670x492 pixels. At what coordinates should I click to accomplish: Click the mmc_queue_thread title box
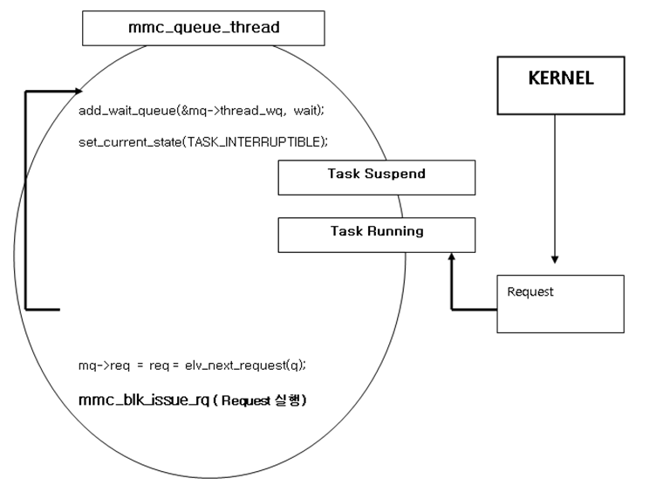[x=203, y=28]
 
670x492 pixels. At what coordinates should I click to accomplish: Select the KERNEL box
[x=560, y=85]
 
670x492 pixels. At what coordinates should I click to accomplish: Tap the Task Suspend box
[x=376, y=177]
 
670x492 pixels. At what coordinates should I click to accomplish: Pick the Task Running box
[x=376, y=235]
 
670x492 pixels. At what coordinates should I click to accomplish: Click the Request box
[x=560, y=304]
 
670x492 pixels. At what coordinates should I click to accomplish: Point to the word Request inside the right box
[x=530, y=292]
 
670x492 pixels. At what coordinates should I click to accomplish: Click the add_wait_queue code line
[x=201, y=110]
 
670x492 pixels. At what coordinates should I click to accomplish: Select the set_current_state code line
[x=202, y=141]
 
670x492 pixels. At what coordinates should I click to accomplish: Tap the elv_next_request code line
[x=192, y=365]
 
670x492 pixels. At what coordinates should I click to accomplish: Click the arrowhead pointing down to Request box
[x=555, y=259]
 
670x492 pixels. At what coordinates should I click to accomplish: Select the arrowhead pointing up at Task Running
[x=451, y=257]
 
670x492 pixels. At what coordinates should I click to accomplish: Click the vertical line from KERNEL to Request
[x=555, y=183]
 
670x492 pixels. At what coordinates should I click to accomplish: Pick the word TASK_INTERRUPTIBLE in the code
[x=270, y=141]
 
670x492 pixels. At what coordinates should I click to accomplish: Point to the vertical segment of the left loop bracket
[x=26, y=201]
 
